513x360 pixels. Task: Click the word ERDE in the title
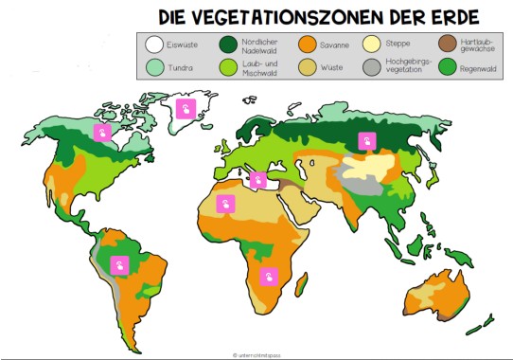[x=445, y=17]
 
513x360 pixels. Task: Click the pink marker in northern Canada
[x=101, y=134]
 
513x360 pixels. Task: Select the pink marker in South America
[x=119, y=265]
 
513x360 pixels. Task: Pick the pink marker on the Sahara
[x=225, y=204]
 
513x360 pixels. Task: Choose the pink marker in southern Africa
[x=270, y=277]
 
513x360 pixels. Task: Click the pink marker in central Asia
[x=365, y=142]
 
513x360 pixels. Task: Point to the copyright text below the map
[x=256, y=354]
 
